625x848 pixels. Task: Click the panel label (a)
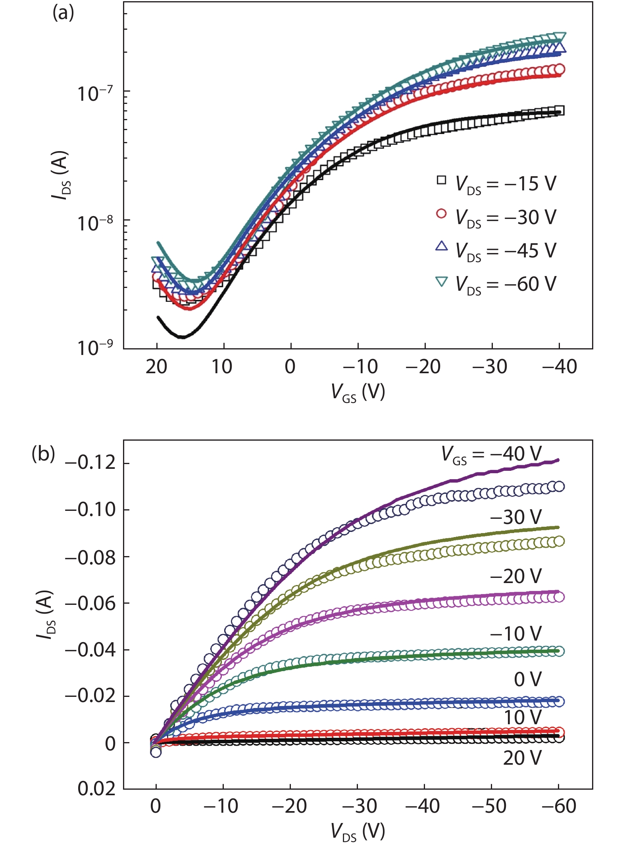63,13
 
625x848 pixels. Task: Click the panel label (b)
43,454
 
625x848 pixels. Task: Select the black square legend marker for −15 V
441,180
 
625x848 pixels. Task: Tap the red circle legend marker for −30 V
441,214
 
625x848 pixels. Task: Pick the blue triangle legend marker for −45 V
441,246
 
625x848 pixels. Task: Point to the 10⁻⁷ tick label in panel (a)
95,94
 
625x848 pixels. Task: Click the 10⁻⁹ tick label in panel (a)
95,348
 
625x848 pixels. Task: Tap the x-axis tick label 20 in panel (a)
156,367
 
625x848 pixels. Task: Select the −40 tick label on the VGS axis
559,367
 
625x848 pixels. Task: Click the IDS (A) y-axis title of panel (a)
60,175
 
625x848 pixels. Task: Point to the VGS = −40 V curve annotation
491,454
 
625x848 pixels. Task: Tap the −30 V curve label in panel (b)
515,517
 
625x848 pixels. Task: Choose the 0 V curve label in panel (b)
527,679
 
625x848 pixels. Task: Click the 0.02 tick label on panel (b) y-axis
96,789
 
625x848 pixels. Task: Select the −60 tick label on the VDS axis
558,806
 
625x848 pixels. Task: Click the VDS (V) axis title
358,831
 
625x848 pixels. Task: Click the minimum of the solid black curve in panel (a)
182,337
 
